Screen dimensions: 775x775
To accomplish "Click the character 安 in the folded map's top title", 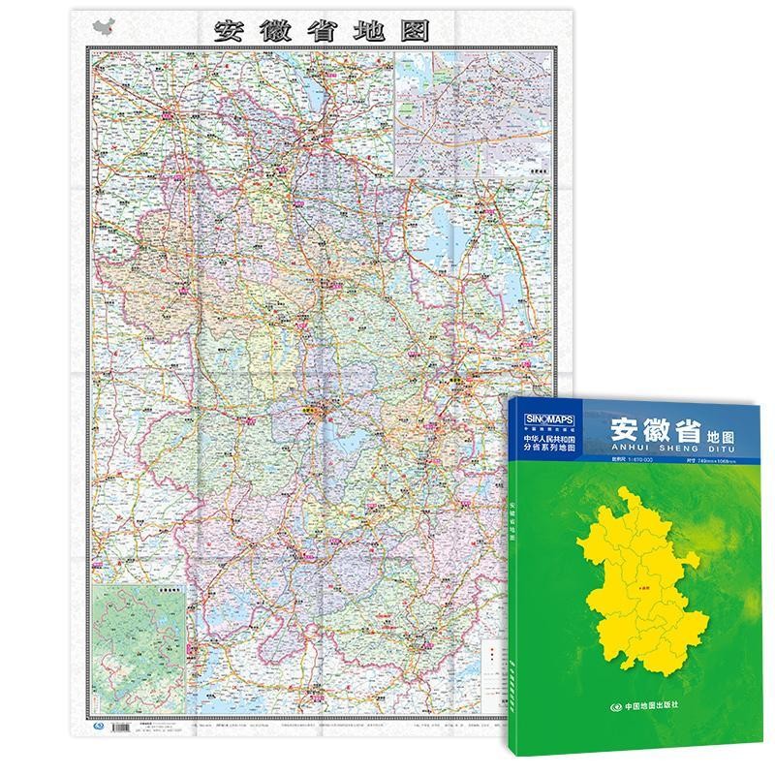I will (231, 30).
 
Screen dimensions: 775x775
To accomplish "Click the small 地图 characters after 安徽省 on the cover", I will (719, 436).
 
